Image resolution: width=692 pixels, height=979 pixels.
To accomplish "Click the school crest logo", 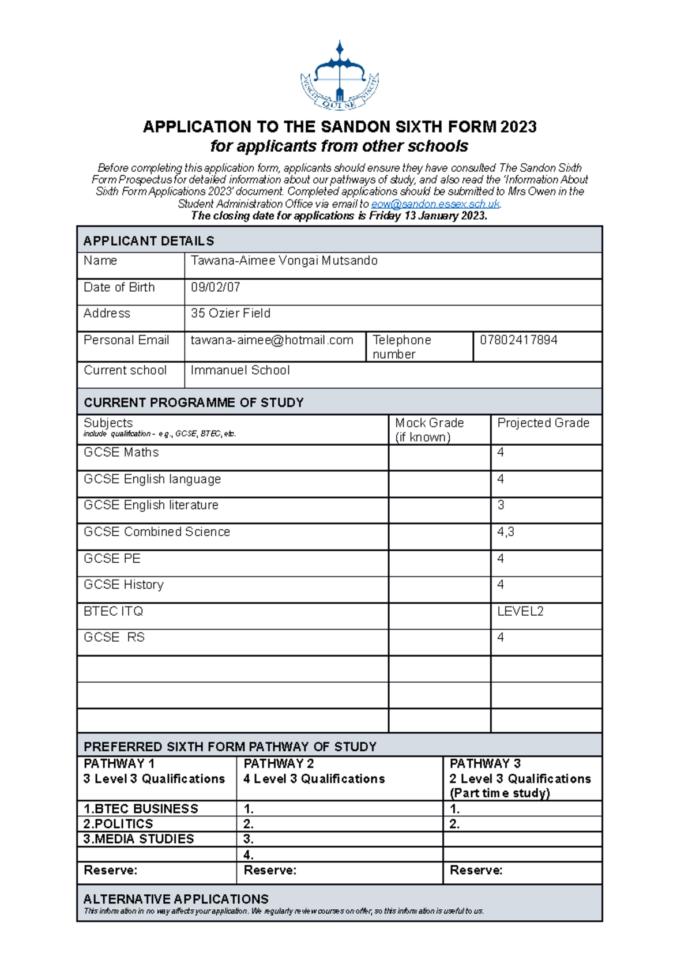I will coord(340,76).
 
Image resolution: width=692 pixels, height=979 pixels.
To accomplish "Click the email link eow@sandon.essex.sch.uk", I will coord(435,204).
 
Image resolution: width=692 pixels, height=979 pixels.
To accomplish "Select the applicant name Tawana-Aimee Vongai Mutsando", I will coord(284,261).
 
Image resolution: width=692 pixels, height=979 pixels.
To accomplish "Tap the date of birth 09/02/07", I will coord(215,287).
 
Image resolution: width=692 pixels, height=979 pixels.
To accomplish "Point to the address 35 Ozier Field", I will coord(230,313).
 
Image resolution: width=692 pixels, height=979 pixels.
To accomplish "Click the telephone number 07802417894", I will coord(518,340).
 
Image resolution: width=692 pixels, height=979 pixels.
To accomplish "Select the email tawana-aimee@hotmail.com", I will coord(272,340).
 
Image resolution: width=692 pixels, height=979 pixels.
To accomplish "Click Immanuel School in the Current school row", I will coord(240,370).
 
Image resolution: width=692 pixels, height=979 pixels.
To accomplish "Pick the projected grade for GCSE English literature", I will coord(501,505).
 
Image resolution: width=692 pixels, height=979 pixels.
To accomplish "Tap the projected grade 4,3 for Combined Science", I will coord(505,532).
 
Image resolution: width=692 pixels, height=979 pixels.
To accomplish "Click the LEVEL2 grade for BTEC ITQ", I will coord(520,611).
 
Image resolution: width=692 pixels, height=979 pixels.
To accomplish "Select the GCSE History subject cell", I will coord(123,585).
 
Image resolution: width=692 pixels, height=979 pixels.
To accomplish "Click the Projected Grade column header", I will coord(543,423).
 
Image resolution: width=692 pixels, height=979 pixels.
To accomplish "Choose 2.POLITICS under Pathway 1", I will coord(118,824).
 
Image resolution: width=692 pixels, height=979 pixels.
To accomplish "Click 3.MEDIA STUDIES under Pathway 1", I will coord(138,839).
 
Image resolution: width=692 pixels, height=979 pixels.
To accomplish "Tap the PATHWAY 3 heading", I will coord(484,763).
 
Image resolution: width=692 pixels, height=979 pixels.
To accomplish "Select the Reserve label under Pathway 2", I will coord(269,870).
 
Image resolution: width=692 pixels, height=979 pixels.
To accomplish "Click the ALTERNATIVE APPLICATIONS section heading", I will coord(175,899).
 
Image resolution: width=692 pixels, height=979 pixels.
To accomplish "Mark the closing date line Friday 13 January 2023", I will coord(339,216).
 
